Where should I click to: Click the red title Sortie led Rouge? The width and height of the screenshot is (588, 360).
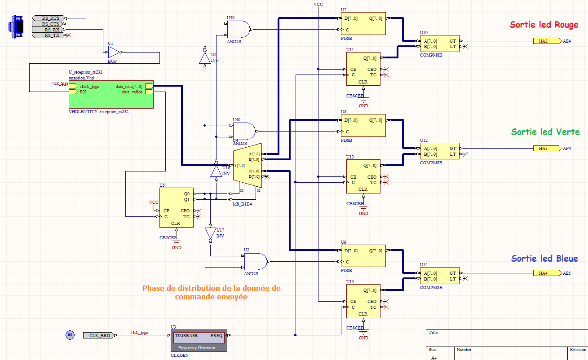pyautogui.click(x=544, y=25)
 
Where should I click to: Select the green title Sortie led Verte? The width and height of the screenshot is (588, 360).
pyautogui.click(x=545, y=132)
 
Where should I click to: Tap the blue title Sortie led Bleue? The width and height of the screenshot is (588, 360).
pyautogui.click(x=544, y=259)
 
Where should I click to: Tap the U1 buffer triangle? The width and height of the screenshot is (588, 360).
pyautogui.click(x=115, y=53)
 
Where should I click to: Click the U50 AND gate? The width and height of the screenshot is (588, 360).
pyautogui.click(x=238, y=30)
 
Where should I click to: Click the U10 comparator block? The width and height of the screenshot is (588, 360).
pyautogui.click(x=439, y=44)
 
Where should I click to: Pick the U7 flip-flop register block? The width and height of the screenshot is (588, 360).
pyautogui.click(x=363, y=23)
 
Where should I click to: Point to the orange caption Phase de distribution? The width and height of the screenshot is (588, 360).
pyautogui.click(x=211, y=293)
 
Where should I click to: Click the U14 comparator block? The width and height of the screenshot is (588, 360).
pyautogui.click(x=439, y=276)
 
